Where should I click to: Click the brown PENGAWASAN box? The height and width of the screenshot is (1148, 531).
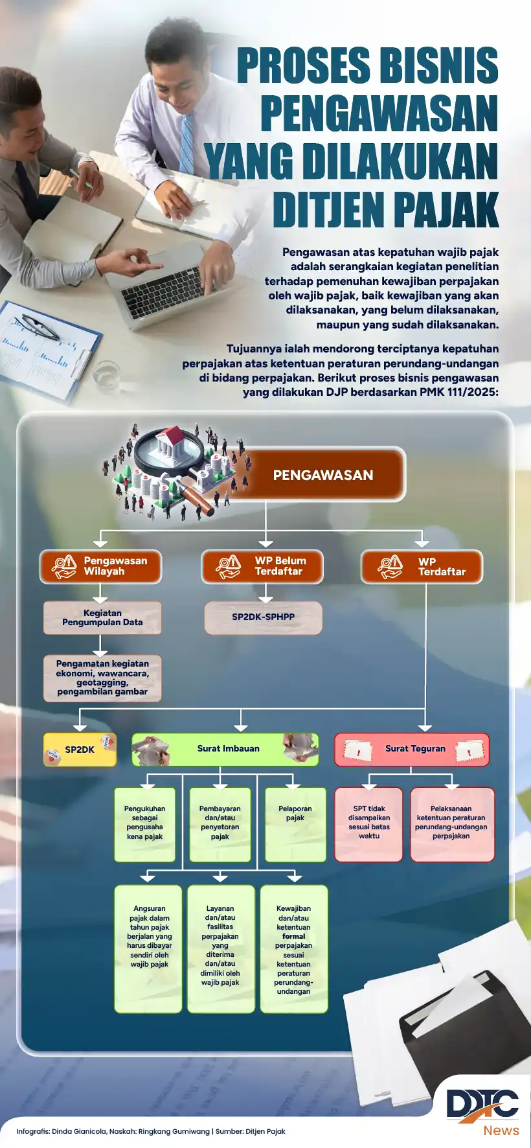coord(322,475)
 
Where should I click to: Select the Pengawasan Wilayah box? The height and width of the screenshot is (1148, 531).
coord(101,566)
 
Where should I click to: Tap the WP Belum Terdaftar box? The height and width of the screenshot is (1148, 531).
coord(262,566)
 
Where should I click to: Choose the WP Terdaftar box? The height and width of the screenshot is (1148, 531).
coord(422,567)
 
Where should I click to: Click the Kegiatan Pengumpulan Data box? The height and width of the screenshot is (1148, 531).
coord(102,617)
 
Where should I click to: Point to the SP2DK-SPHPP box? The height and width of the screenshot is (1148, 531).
coord(263,617)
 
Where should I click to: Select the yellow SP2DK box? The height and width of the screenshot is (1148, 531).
coord(80,750)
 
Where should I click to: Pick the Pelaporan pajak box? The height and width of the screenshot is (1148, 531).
coord(295,823)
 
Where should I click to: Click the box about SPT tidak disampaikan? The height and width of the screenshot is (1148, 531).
coord(368,823)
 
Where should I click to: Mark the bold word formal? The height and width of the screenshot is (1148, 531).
coord(293,936)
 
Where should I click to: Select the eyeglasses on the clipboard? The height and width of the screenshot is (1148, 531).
coord(38,326)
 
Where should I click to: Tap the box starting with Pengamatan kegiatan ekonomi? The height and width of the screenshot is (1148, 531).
coord(102,678)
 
